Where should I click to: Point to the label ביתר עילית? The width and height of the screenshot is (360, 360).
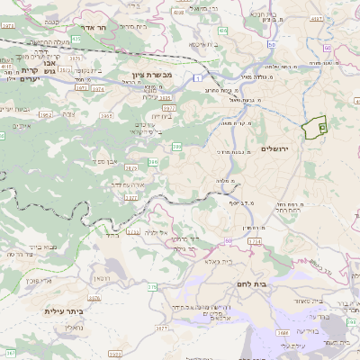click(63, 310)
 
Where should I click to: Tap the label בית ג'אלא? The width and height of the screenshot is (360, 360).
click(220, 261)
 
